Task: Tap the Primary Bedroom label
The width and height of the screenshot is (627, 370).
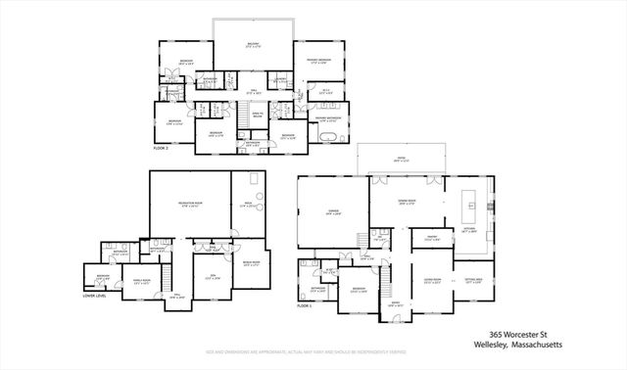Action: pyautogui.click(x=314, y=62)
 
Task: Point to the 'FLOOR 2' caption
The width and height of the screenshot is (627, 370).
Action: pyautogui.click(x=164, y=148)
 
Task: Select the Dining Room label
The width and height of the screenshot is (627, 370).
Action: pyautogui.click(x=406, y=203)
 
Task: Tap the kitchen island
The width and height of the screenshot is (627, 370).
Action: pyautogui.click(x=470, y=206)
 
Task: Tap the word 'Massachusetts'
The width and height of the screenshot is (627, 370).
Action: pyautogui.click(x=525, y=344)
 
